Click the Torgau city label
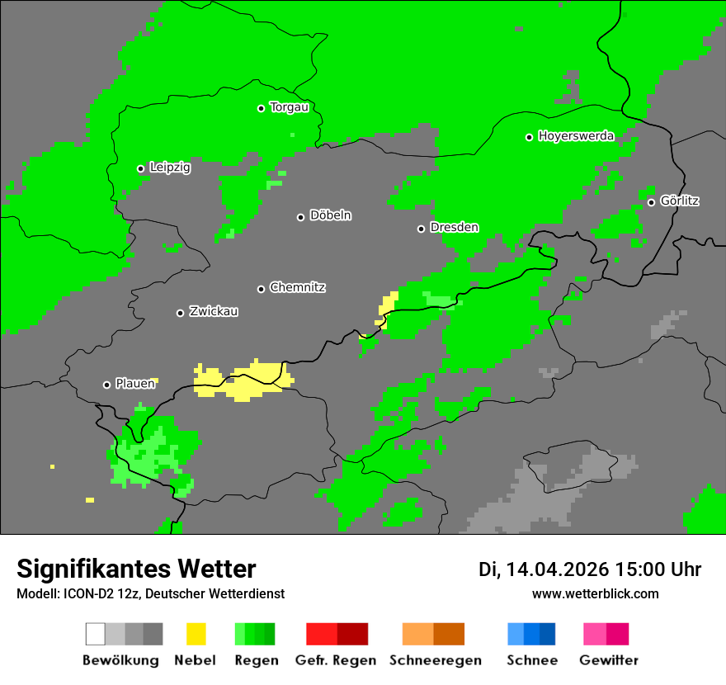click(x=289, y=107)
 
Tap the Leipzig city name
click(x=170, y=168)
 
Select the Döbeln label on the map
click(x=330, y=215)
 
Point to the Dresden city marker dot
click(x=421, y=229)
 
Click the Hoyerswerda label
click(x=576, y=136)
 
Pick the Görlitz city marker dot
click(x=651, y=202)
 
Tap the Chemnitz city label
click(x=297, y=287)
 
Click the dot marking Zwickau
click(x=180, y=313)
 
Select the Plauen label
click(x=135, y=384)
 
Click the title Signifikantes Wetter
click(x=136, y=569)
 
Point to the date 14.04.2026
click(x=557, y=569)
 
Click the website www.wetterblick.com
click(x=595, y=594)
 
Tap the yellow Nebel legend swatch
click(x=196, y=634)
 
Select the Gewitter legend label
click(x=609, y=660)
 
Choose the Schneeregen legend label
click(x=436, y=660)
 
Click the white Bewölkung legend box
click(x=95, y=634)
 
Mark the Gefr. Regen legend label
click(x=336, y=660)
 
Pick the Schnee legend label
click(x=532, y=660)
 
